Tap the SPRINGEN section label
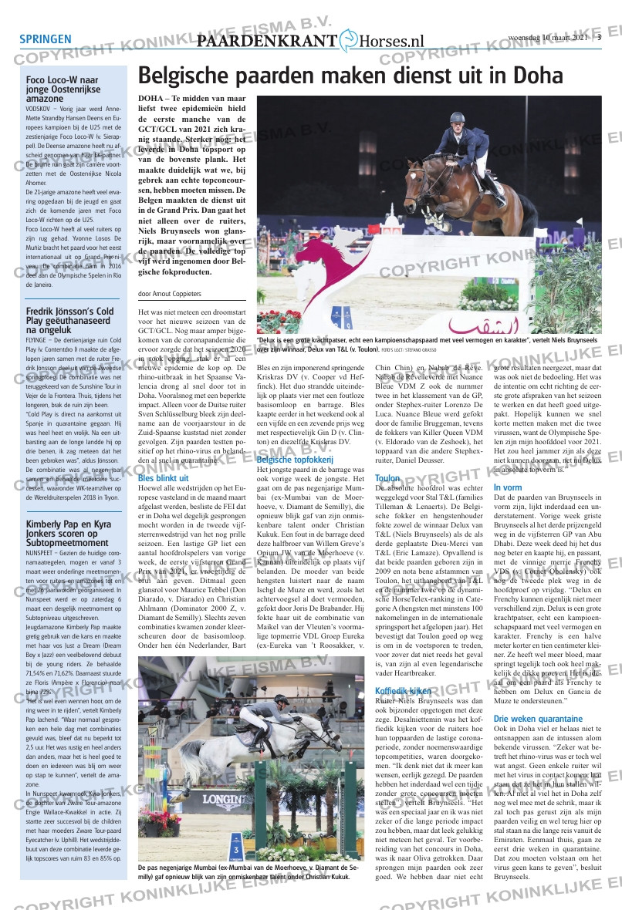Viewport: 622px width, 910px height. coord(46,40)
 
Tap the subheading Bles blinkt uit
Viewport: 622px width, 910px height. coord(164,478)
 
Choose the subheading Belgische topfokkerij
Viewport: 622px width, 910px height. coord(290,460)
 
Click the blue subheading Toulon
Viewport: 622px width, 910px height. coord(387,478)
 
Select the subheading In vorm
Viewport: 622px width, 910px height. coord(508,487)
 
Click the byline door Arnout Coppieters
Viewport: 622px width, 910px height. coord(170,294)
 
